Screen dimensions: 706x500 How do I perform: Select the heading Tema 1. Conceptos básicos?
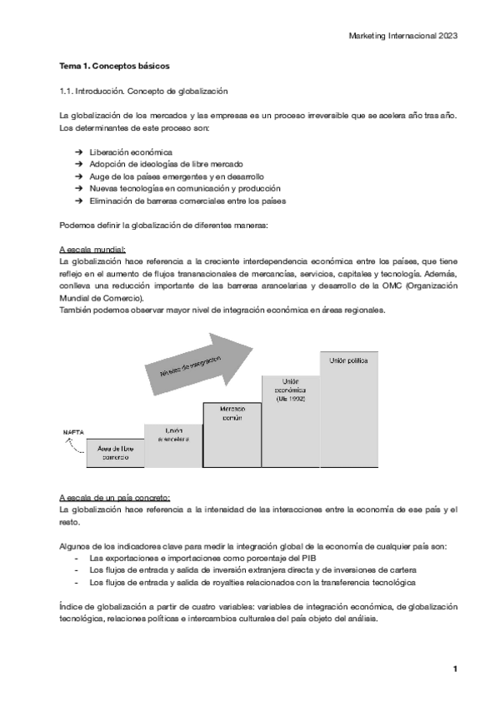click(x=116, y=65)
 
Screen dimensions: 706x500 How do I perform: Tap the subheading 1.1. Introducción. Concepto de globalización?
click(x=143, y=90)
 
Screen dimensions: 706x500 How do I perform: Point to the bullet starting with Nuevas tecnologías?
click(x=184, y=189)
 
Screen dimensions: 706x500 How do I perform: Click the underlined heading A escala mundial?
click(x=92, y=250)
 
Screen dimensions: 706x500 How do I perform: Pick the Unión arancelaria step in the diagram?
click(x=174, y=434)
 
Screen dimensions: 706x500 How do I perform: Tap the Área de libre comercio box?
click(x=115, y=453)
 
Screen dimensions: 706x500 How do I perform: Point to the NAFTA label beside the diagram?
click(x=71, y=433)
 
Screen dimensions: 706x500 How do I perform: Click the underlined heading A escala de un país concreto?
click(x=114, y=496)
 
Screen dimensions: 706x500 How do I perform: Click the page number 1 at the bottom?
click(x=455, y=669)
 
